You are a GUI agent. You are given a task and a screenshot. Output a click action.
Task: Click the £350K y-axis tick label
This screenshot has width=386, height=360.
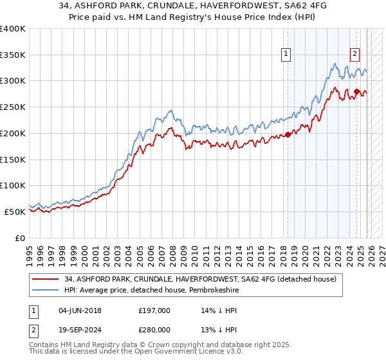(x=13, y=55)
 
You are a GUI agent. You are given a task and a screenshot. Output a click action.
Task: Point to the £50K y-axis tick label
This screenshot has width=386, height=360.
(x=15, y=212)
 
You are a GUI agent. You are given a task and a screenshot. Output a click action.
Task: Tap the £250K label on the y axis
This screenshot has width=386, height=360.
(x=13, y=107)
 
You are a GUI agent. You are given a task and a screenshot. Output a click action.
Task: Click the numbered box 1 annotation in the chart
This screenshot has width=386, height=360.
(x=285, y=54)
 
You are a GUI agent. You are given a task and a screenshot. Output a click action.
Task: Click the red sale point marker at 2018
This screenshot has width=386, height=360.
(x=288, y=134)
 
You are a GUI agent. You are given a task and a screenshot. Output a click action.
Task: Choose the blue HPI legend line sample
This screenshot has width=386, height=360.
(x=46, y=291)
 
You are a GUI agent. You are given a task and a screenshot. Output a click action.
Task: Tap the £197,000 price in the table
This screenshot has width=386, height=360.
(x=154, y=310)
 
